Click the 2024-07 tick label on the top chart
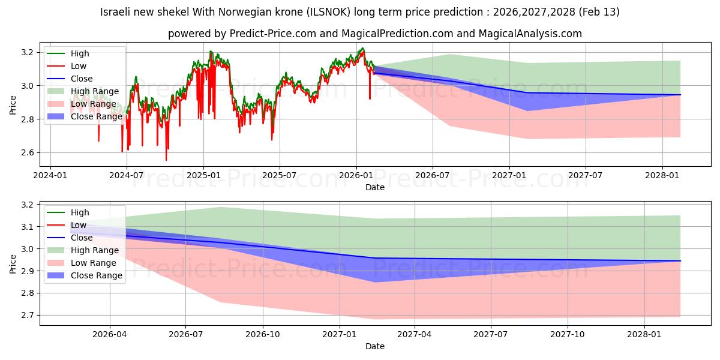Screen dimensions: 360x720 coord(127,176)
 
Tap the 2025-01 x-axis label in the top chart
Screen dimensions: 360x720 coord(203,176)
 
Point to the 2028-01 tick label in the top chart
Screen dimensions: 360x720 coord(662,176)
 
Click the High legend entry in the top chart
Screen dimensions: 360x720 coord(80,53)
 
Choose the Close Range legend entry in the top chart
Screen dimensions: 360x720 coord(96,116)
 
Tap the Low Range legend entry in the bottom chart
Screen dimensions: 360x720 coord(93,263)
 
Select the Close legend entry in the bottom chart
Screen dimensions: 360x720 coord(82,238)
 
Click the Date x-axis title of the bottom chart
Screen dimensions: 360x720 coord(375,347)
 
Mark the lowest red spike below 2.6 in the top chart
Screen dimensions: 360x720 coord(166,160)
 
